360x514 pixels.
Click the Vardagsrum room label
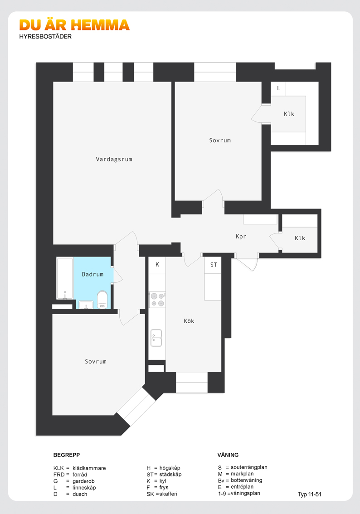[114, 159]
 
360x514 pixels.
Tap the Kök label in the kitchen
[189, 321]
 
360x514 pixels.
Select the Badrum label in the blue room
[92, 274]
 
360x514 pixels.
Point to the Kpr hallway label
[241, 237]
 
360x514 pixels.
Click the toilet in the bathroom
[102, 300]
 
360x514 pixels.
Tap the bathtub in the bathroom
[65, 278]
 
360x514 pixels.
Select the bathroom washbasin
[86, 305]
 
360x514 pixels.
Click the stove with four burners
[157, 300]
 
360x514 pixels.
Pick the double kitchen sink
[156, 338]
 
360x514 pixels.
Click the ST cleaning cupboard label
[214, 265]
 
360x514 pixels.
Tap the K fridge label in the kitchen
[157, 265]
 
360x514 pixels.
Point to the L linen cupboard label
[278, 88]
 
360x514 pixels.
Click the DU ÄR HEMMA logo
[74, 25]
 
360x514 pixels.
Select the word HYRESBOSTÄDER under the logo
[45, 36]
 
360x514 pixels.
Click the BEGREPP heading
[67, 455]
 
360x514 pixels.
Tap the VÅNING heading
[228, 455]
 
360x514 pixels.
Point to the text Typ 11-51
[310, 494]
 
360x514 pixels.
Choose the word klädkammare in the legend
[89, 468]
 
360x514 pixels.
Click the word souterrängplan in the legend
[249, 467]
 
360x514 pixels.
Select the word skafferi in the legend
[168, 494]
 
